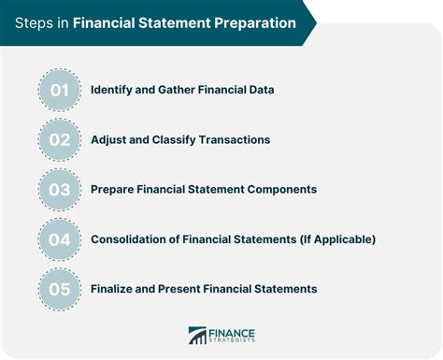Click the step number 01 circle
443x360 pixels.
click(x=59, y=90)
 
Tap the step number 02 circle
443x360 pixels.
click(x=59, y=139)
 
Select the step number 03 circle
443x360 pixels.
click(x=59, y=189)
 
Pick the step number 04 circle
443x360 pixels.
click(x=59, y=238)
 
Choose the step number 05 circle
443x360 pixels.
click(x=59, y=288)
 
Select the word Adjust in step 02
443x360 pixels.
click(x=111, y=139)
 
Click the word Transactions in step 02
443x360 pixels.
click(x=232, y=139)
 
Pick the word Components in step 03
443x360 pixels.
click(x=280, y=189)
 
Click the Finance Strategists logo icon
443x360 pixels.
click(x=197, y=336)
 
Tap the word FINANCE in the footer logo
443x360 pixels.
click(x=232, y=331)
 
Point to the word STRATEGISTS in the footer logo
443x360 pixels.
click(x=232, y=342)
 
